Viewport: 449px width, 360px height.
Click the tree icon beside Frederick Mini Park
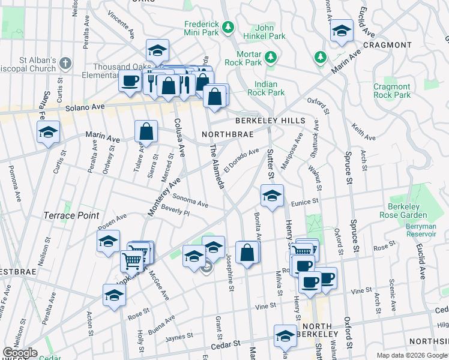[228, 27]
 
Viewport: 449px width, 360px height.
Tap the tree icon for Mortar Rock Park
[271, 57]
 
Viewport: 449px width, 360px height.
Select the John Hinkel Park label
[271, 32]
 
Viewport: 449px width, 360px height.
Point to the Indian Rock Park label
[270, 89]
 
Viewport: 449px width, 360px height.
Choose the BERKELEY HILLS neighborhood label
[274, 121]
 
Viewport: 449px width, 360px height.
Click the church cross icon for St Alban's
[66, 62]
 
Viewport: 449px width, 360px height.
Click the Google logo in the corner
[20, 353]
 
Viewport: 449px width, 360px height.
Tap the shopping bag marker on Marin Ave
[146, 131]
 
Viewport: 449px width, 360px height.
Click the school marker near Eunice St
[272, 196]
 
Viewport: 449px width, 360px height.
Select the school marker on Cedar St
[285, 336]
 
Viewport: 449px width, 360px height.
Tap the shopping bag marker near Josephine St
[247, 252]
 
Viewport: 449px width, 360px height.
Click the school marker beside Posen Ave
[108, 242]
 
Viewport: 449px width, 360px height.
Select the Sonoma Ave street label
[190, 200]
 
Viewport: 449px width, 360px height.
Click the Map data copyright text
[412, 355]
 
